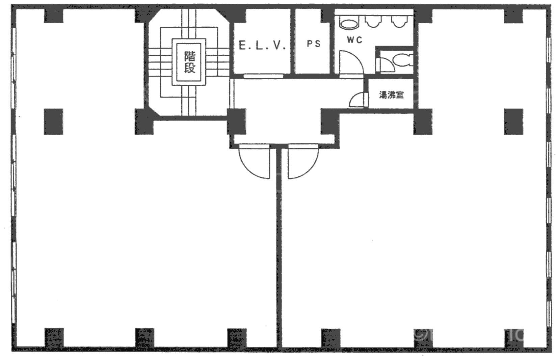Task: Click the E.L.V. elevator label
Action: pos(262,45)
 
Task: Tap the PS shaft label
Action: pos(314,44)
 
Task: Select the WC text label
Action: pos(354,40)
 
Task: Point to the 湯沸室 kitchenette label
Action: pos(391,95)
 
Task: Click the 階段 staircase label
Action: pos(189,62)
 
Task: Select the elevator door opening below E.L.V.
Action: pos(263,76)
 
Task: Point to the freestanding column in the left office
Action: pos(53,121)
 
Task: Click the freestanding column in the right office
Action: pos(513,121)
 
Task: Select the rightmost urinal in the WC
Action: pos(399,22)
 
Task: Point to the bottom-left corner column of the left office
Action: pos(54,338)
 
